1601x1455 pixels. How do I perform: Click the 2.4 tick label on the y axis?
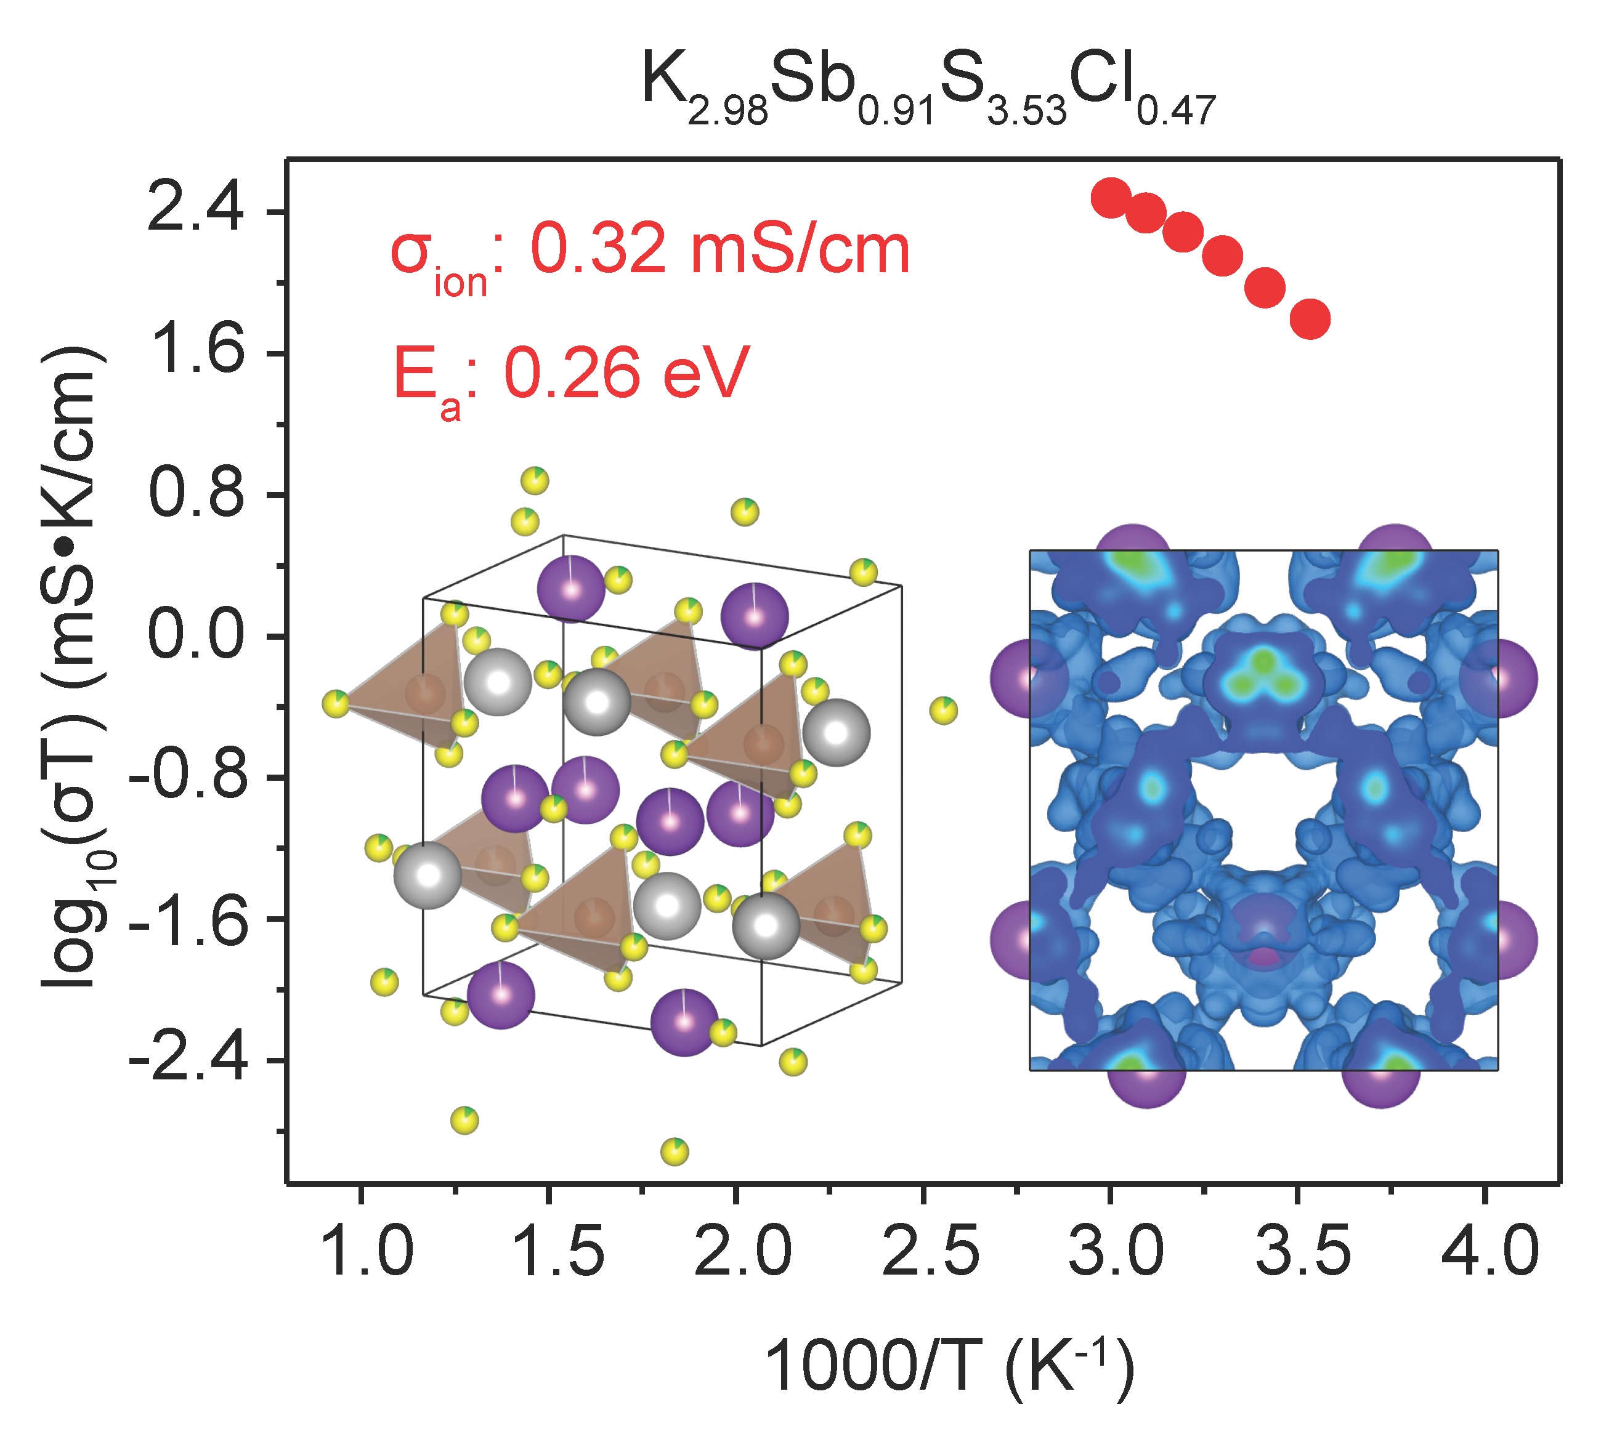click(195, 212)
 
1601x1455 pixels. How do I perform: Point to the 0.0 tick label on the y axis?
click(195, 636)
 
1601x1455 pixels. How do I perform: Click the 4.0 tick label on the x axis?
click(1491, 1252)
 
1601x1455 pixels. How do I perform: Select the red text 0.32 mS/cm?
click(719, 250)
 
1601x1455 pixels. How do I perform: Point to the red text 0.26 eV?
click(627, 373)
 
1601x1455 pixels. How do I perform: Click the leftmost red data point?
click(1110, 197)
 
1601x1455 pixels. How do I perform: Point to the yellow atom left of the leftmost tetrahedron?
click(336, 703)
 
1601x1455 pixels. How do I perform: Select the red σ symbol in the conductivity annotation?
click(411, 252)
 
